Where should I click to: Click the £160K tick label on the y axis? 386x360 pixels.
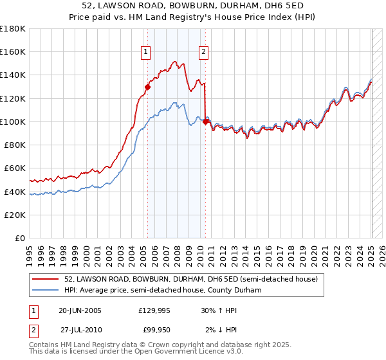click(13, 51)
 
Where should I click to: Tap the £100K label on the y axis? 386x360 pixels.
click(13, 122)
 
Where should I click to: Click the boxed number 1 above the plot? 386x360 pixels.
click(146, 53)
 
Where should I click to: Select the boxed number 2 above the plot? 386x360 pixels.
click(203, 53)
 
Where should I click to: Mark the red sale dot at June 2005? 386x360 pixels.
click(147, 87)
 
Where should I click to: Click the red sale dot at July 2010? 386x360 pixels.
click(205, 122)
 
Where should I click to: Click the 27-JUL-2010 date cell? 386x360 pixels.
click(81, 330)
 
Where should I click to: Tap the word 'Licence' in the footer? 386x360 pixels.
click(208, 353)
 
